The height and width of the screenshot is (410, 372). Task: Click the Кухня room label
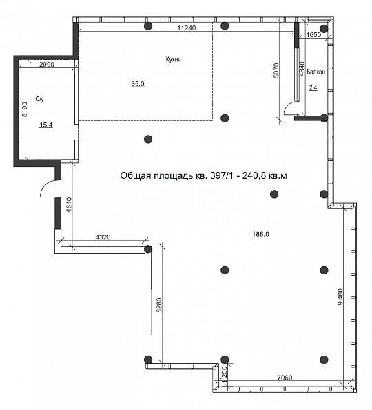(174, 59)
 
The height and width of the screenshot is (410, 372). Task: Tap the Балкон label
(316, 72)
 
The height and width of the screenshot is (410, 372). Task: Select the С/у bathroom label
(40, 99)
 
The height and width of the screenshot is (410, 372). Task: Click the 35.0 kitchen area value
(138, 84)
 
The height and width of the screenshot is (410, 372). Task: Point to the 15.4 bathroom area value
(46, 125)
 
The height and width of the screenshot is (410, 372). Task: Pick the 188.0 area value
(260, 234)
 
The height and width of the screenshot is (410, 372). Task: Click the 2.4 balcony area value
(313, 87)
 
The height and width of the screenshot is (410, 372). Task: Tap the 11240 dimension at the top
(187, 28)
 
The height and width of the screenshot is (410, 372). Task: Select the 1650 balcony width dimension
(313, 35)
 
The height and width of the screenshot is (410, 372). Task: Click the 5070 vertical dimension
(277, 70)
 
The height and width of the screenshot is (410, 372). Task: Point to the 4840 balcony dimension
(302, 69)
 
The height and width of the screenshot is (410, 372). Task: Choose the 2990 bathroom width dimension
(47, 65)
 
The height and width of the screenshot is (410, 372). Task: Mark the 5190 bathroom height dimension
(24, 109)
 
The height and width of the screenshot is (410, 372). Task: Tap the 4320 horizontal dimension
(103, 237)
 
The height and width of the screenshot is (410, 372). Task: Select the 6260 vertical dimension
(159, 305)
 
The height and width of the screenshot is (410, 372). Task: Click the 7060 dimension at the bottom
(285, 378)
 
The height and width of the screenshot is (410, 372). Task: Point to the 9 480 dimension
(340, 296)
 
